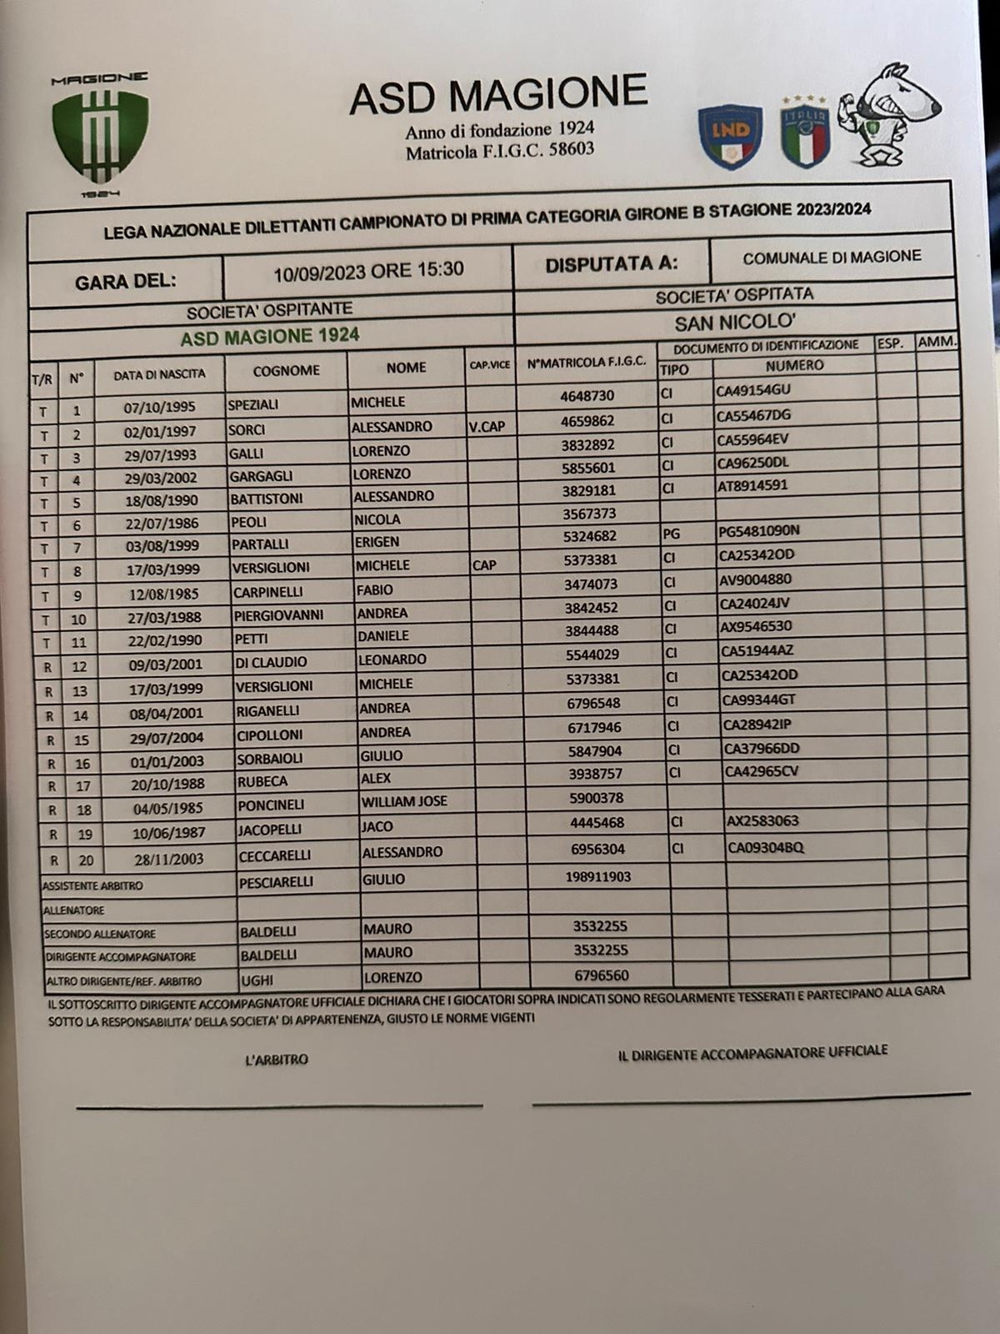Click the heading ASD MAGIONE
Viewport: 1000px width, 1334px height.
click(498, 94)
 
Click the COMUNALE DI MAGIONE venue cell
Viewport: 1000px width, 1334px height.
click(832, 258)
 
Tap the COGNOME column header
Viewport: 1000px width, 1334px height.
click(286, 370)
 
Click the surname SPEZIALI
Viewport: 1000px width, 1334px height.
click(253, 405)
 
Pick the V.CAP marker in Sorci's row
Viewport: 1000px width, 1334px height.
click(487, 427)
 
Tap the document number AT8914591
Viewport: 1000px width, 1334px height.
click(752, 485)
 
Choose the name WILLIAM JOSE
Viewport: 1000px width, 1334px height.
click(404, 801)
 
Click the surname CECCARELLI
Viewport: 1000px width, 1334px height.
click(275, 855)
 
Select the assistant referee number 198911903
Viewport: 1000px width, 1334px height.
click(597, 876)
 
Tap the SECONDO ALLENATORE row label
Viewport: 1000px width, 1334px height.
click(100, 935)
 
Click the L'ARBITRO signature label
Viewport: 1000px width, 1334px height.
click(277, 1060)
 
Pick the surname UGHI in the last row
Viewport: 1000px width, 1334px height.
click(257, 980)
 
